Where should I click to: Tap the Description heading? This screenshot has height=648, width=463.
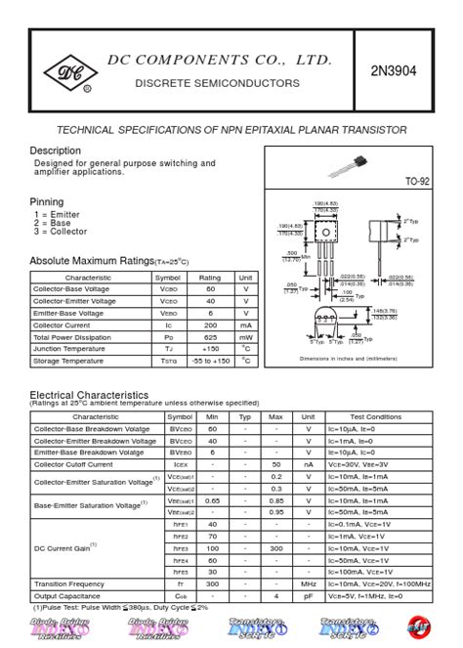click(56, 151)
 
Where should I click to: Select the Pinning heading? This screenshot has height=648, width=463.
click(47, 201)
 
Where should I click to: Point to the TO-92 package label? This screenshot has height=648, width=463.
click(416, 182)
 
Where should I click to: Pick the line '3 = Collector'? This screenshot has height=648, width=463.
click(61, 232)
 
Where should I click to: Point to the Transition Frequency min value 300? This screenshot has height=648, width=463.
click(212, 583)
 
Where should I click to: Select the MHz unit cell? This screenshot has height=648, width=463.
click(308, 583)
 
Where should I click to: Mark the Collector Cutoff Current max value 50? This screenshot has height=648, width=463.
click(276, 464)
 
